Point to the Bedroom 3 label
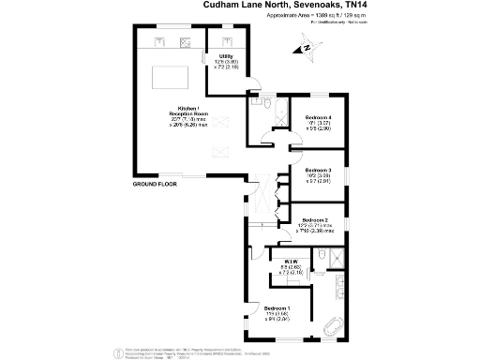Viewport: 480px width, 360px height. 320,170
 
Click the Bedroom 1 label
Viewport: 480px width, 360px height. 277,308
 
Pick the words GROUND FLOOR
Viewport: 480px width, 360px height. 155,185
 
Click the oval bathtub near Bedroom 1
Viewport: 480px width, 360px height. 333,328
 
